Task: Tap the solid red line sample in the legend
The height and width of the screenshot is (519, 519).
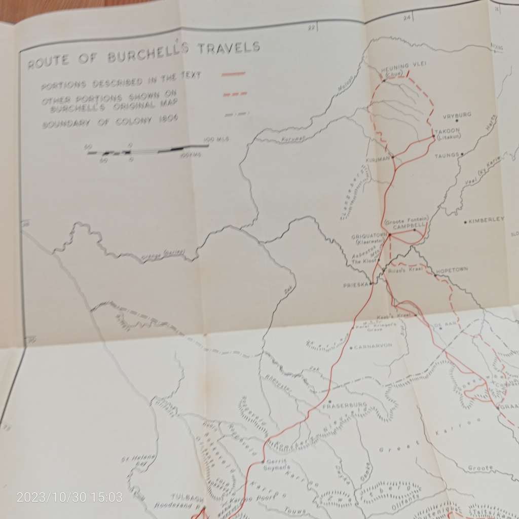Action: tap(233, 75)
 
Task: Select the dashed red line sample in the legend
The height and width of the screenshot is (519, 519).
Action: tap(234, 94)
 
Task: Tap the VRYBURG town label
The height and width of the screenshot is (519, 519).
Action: tap(457, 115)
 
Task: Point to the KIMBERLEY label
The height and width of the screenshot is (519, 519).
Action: tap(487, 219)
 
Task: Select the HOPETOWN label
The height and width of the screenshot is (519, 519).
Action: tap(452, 270)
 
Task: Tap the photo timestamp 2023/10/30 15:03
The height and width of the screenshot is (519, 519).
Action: tap(69, 497)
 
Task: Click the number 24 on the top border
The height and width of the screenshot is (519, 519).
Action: tap(406, 18)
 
